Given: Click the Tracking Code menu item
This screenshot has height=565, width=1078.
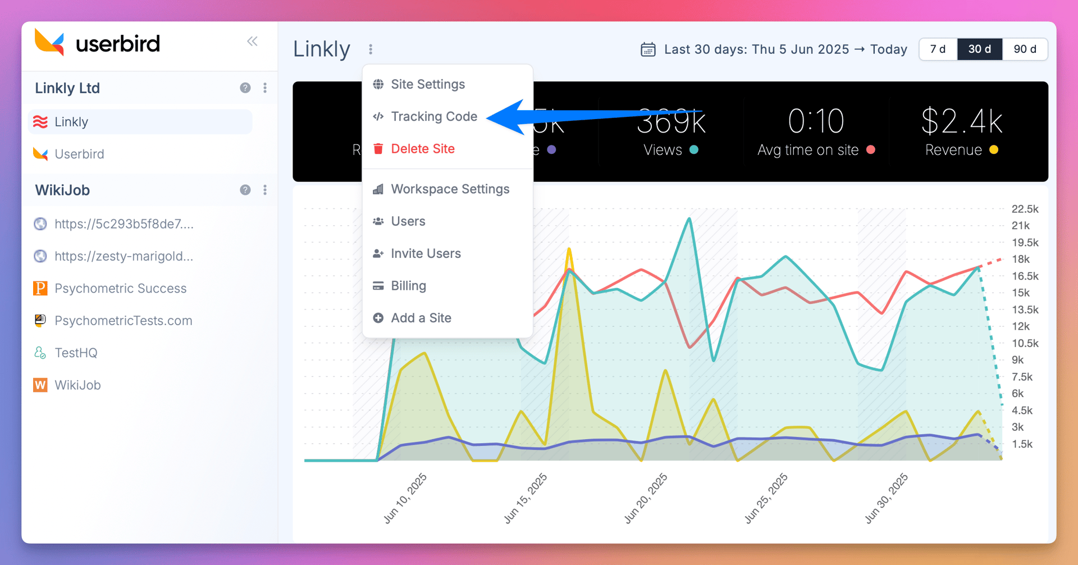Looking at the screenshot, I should click(433, 116).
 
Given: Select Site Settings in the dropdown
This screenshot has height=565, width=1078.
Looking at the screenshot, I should click(427, 84).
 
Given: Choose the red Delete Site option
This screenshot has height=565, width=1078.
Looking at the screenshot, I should click(422, 149).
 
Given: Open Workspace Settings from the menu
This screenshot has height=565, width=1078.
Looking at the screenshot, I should click(450, 189).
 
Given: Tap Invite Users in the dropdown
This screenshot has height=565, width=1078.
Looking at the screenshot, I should click(426, 254).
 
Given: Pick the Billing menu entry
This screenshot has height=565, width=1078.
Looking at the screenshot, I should click(408, 286).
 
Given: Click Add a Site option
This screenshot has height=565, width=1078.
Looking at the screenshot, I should click(421, 318).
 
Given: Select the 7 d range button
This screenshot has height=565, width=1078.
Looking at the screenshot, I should click(938, 49).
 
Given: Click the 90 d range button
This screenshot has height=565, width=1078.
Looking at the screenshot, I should click(1025, 49).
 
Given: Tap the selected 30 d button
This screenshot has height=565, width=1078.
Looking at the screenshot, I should click(979, 49).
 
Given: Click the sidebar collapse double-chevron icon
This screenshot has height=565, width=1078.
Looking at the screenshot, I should click(252, 41).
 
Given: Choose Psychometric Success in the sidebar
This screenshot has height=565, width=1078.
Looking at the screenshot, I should click(120, 289).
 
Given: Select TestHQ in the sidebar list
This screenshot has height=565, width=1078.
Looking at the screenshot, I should click(76, 353).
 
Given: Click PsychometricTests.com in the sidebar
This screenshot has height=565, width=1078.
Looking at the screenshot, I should click(123, 321).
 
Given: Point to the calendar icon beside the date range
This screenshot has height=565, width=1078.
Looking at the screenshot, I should click(648, 49).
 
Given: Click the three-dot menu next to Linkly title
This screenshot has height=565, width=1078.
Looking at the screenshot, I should click(371, 49).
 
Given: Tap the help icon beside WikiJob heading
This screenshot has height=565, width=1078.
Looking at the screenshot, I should click(245, 190).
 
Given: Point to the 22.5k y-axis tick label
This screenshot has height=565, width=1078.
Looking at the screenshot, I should click(1025, 209).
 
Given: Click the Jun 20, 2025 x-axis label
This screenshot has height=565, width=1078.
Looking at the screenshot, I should click(646, 498).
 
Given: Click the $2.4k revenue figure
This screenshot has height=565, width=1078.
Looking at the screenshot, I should click(962, 121).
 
